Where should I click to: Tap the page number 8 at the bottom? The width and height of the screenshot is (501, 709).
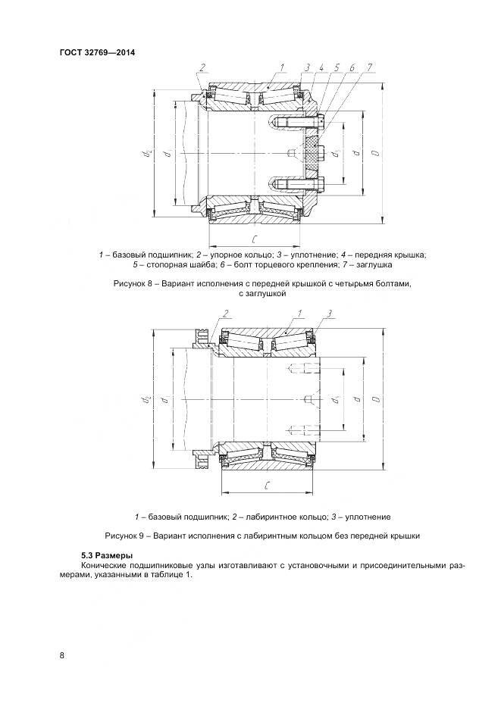click(x=62, y=655)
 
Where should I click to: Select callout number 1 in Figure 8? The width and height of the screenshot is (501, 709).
click(x=282, y=68)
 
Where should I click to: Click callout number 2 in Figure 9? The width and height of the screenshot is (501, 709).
click(x=225, y=313)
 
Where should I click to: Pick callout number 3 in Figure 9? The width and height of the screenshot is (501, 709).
click(x=331, y=313)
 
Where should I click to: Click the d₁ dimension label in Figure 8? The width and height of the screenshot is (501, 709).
click(x=335, y=154)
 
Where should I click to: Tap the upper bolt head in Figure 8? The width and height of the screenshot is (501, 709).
click(x=323, y=122)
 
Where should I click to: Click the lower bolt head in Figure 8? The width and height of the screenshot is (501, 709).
click(x=323, y=183)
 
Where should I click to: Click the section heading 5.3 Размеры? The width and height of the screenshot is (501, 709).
click(x=107, y=555)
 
